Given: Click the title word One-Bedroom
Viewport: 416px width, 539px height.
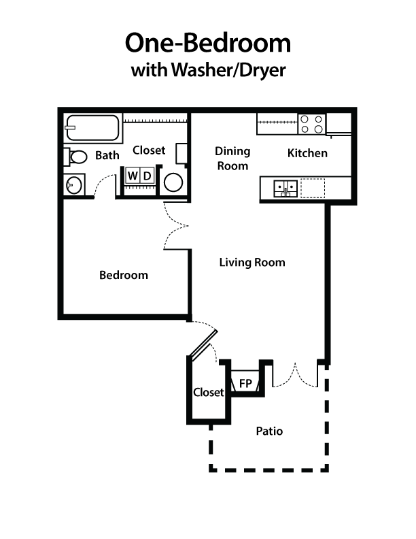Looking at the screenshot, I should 207,43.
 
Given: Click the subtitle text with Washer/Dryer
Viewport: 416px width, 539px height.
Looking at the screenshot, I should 207,69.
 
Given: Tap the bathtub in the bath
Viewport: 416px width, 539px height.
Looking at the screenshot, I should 92,128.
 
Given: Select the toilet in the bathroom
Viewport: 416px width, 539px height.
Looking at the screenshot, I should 76,157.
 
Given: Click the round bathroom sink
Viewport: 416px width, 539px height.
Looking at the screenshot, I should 73,184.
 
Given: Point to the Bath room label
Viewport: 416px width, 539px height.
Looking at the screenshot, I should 107,156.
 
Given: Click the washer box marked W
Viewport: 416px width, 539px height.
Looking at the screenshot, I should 133,176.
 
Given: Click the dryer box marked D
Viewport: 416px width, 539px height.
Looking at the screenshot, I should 148,176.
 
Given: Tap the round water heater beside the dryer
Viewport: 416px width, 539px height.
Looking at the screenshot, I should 174,182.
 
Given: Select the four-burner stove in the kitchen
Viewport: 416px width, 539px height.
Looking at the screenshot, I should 312,124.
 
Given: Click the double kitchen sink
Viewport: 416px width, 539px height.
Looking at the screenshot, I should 284,186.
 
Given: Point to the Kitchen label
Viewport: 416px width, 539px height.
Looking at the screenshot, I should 307,153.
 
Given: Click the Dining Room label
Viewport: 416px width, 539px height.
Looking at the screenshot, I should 232,158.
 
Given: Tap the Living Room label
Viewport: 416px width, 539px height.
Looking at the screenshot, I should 252,262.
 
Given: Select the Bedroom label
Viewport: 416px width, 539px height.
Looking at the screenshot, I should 124,275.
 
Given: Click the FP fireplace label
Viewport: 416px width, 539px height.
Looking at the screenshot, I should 245,384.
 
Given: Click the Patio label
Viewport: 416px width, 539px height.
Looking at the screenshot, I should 269,431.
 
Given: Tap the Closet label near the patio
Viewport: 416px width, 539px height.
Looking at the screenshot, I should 208,392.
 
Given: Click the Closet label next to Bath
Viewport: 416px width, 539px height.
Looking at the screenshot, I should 149,150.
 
